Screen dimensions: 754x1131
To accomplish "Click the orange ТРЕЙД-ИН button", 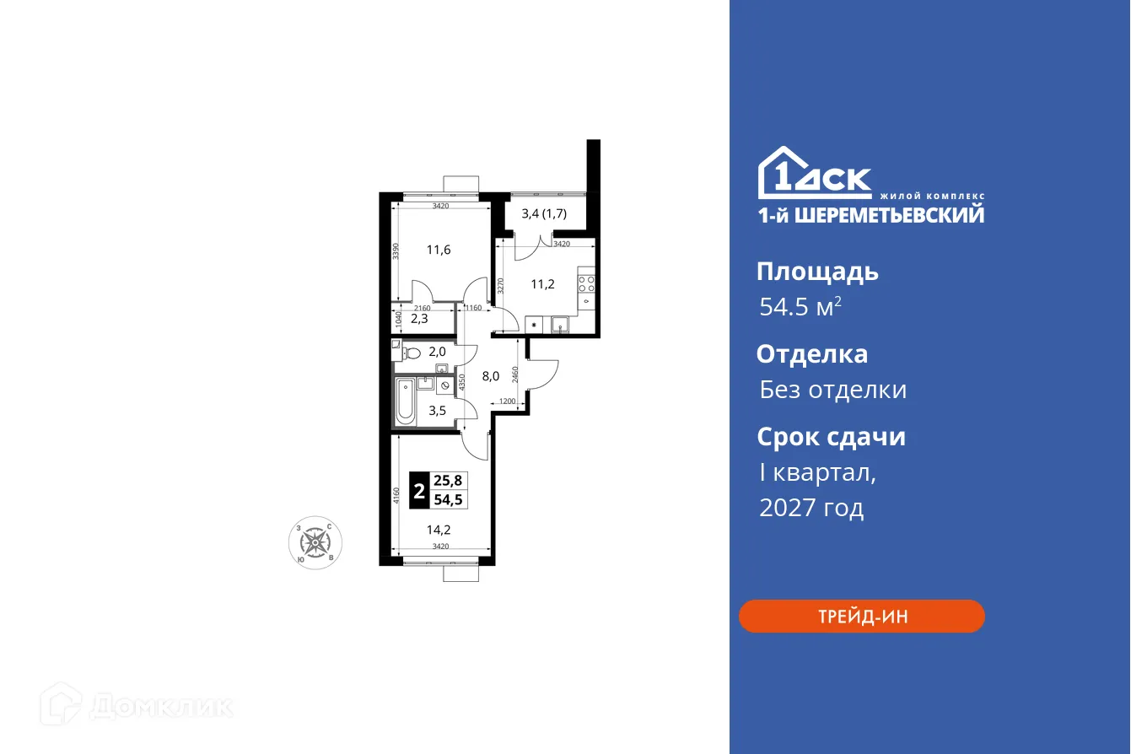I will tap(861, 616).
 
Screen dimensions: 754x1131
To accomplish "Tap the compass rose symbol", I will tap(315, 541).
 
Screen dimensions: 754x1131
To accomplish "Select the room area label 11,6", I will tap(439, 250).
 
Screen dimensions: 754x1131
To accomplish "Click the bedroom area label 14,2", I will tap(439, 530).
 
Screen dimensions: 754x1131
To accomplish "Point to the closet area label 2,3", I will tap(420, 320).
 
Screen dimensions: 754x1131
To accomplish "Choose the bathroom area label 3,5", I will tap(439, 411).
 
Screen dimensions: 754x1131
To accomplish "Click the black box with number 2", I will tap(418, 491).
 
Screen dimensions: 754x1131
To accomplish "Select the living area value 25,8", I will tap(448, 481).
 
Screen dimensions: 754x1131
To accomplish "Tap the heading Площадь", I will tap(817, 272).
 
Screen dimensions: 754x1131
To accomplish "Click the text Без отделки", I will tap(832, 390).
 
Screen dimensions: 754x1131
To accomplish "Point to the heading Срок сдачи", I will tap(831, 437).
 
